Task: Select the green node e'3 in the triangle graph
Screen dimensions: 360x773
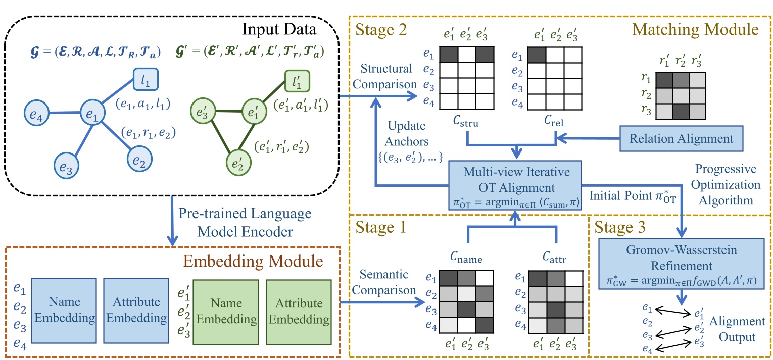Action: pos(201,112)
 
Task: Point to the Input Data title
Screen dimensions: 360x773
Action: pos(279,29)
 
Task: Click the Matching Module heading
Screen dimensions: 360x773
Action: pos(695,30)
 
